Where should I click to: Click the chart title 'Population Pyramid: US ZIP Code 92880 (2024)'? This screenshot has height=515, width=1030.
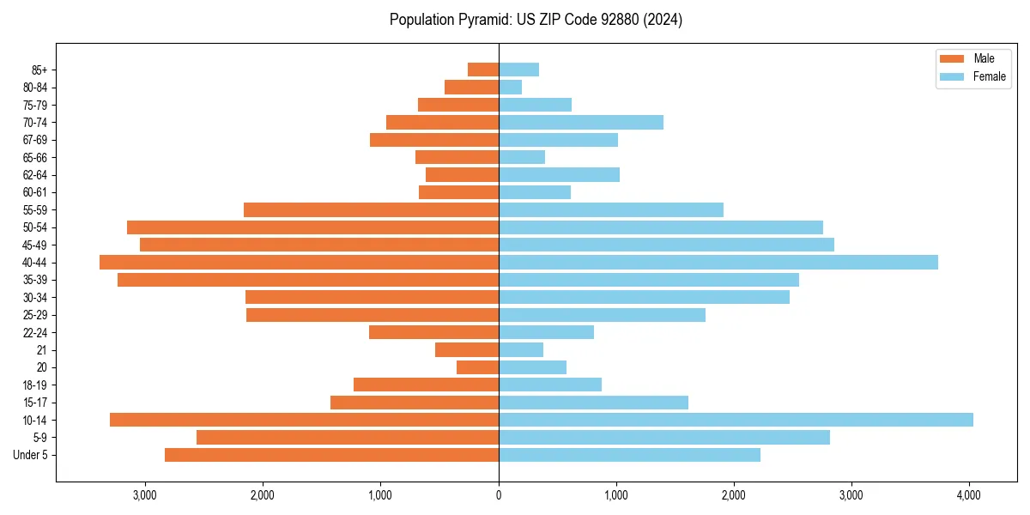pyautogui.click(x=536, y=20)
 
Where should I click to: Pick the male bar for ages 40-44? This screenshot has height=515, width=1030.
pyautogui.click(x=299, y=263)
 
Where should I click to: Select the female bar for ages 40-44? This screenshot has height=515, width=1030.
pyautogui.click(x=718, y=263)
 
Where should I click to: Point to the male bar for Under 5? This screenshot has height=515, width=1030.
pyautogui.click(x=331, y=455)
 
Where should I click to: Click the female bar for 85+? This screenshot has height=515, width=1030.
pyautogui.click(x=518, y=70)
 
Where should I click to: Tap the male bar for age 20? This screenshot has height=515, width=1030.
pyautogui.click(x=477, y=367)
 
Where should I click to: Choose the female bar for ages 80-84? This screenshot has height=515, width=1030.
pyautogui.click(x=510, y=88)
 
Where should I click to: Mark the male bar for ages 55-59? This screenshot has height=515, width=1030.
pyautogui.click(x=371, y=210)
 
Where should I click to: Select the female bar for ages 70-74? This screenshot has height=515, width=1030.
pyautogui.click(x=580, y=123)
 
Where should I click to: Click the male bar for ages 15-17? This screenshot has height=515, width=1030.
pyautogui.click(x=415, y=403)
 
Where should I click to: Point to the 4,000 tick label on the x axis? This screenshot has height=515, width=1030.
pyautogui.click(x=969, y=495)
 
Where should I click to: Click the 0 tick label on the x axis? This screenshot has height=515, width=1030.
pyautogui.click(x=499, y=495)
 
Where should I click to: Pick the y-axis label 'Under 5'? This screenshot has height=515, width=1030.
pyautogui.click(x=30, y=455)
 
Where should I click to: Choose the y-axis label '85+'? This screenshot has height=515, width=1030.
pyautogui.click(x=39, y=70)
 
